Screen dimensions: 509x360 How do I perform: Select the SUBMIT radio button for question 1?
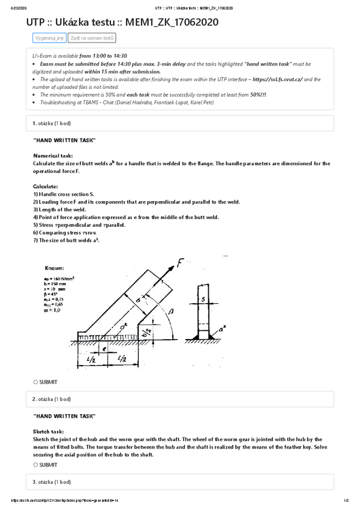[x=36, y=382]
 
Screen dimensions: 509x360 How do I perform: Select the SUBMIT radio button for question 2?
[x=36, y=465]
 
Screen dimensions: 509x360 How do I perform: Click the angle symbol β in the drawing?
[x=171, y=312]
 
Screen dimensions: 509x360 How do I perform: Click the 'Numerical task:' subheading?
[x=53, y=155]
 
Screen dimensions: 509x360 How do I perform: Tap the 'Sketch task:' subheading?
[x=49, y=432]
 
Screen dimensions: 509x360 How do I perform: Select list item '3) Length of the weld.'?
[x=59, y=209]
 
